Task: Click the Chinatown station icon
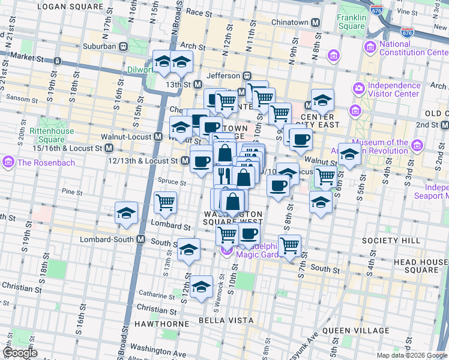tap(316, 23)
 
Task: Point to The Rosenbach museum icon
tap(8, 161)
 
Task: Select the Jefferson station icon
tap(246, 76)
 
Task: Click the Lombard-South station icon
tap(140, 239)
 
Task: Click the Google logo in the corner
tap(20, 353)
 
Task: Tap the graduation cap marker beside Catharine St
tap(201, 287)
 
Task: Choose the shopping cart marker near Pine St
tap(165, 202)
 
